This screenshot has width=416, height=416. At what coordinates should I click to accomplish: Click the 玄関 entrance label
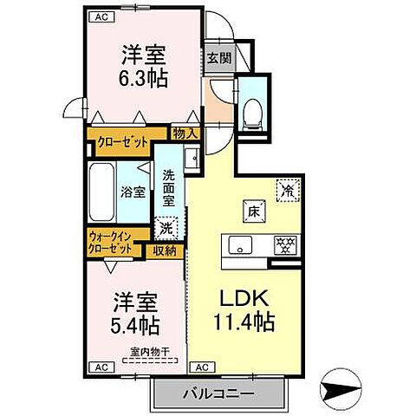pyautogui.click(x=218, y=59)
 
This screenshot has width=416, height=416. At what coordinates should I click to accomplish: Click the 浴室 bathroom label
pyautogui.click(x=133, y=192)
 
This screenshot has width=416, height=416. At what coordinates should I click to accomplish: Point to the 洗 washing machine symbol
pyautogui.click(x=166, y=230)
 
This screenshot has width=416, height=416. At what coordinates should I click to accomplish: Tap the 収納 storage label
pyautogui.click(x=166, y=251)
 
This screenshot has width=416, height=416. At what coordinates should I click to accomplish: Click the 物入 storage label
pyautogui.click(x=185, y=133)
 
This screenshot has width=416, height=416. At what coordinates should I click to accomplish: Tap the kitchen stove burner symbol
pyautogui.click(x=282, y=244)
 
